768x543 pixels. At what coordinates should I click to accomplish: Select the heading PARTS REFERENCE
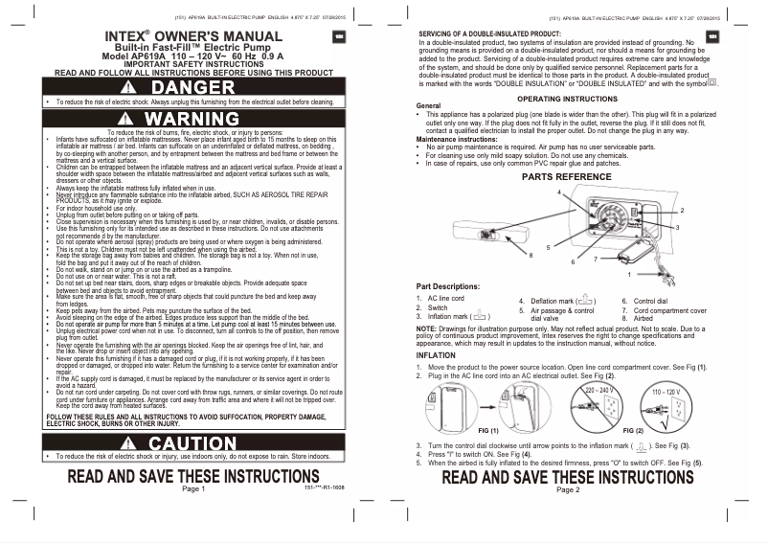click(x=566, y=177)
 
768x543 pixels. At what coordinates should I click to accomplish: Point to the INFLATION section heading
click(x=436, y=354)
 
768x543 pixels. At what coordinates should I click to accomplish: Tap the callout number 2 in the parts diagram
click(x=682, y=209)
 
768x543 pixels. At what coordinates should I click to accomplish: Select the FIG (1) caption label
click(x=490, y=432)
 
